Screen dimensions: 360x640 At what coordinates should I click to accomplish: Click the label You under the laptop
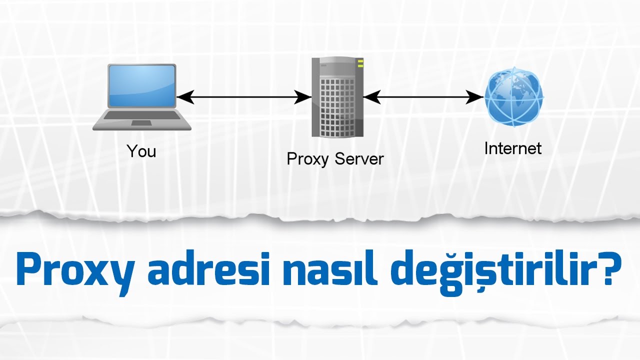tap(141, 151)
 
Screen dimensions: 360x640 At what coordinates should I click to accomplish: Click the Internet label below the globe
tap(512, 148)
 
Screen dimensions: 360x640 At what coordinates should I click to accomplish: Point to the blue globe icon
tap(513, 98)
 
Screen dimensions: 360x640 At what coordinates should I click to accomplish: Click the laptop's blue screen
tap(142, 85)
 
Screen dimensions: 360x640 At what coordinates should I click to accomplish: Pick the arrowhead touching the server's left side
tap(303, 97)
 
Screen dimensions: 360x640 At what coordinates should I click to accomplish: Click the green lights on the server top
tap(360, 63)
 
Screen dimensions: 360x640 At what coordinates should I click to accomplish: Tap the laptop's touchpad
tap(141, 122)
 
